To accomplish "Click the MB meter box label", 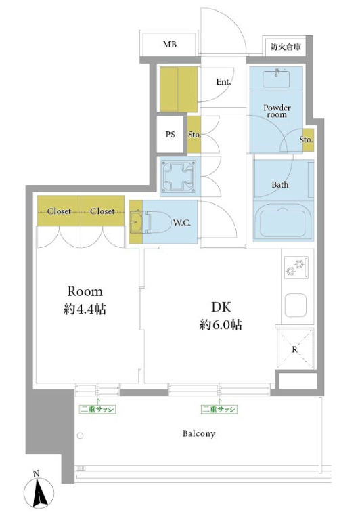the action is click(x=170, y=44).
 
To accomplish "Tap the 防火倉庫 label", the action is click(x=286, y=47).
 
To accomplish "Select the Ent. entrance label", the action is click(x=223, y=82).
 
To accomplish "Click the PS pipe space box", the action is click(x=170, y=134).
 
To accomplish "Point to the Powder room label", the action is click(x=277, y=111).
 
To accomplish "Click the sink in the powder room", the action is click(x=276, y=78).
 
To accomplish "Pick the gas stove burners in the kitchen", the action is click(x=296, y=268).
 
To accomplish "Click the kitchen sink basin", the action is click(x=296, y=305).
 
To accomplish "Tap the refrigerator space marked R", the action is click(x=295, y=349).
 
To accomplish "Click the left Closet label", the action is click(x=59, y=211).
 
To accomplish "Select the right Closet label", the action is click(x=102, y=211).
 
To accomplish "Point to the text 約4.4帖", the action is click(x=85, y=309).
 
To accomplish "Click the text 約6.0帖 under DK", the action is click(x=221, y=324).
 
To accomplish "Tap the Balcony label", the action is click(x=199, y=433).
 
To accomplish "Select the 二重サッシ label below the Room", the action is click(x=97, y=409).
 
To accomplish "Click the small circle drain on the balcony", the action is click(x=80, y=435).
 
